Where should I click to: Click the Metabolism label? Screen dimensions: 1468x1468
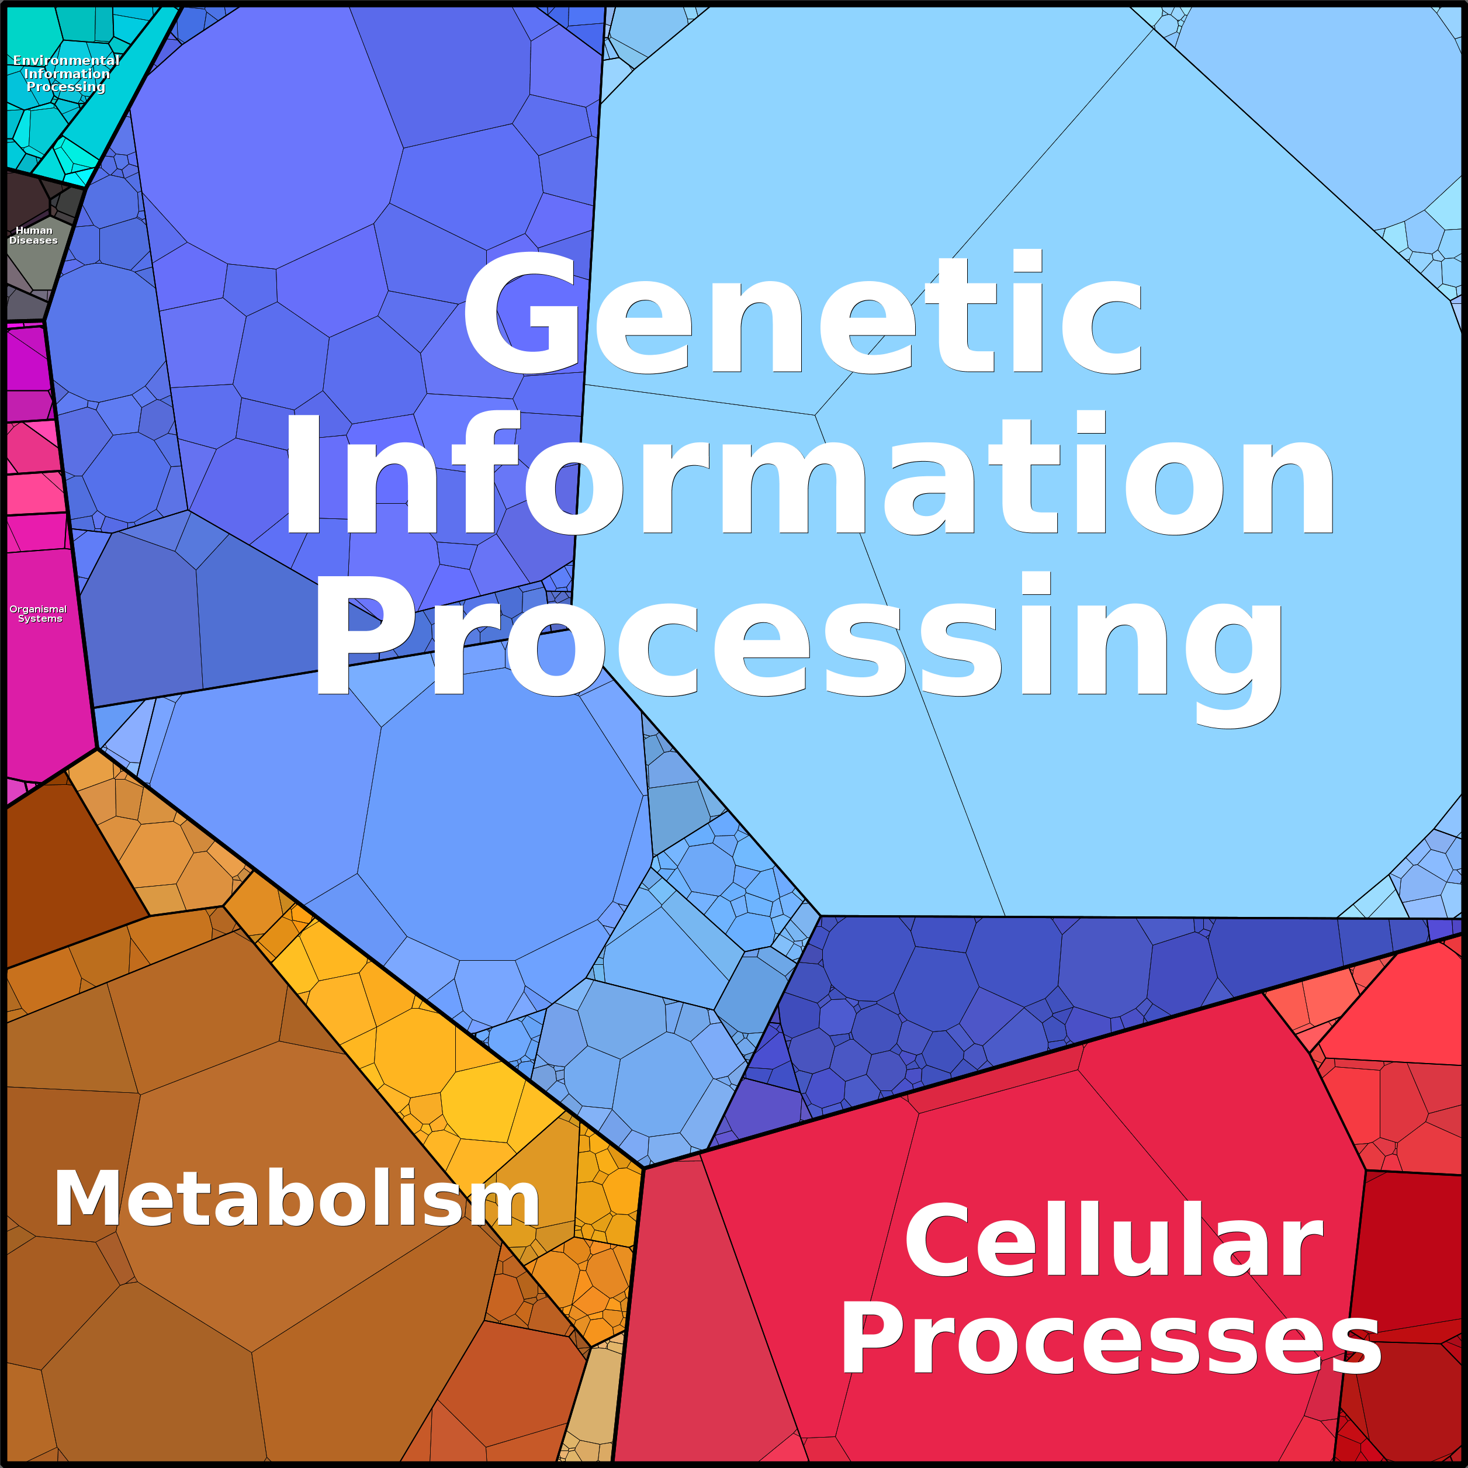[296, 1198]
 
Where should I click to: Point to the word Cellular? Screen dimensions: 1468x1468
[1113, 1242]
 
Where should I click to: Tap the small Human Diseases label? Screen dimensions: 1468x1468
[33, 236]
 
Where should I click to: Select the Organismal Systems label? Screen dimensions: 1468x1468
[38, 614]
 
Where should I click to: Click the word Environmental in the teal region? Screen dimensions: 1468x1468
[66, 60]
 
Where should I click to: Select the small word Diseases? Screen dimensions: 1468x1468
[33, 241]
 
